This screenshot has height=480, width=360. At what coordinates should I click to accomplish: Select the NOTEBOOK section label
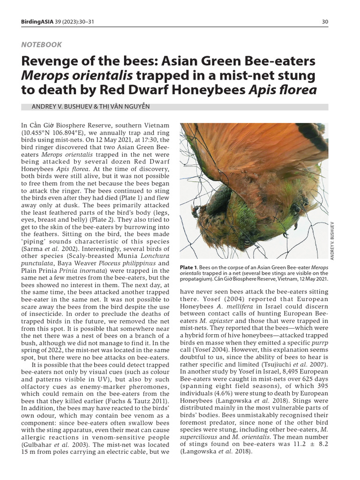point(41,45)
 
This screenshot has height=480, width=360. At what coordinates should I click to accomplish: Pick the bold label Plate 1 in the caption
point(190,267)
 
